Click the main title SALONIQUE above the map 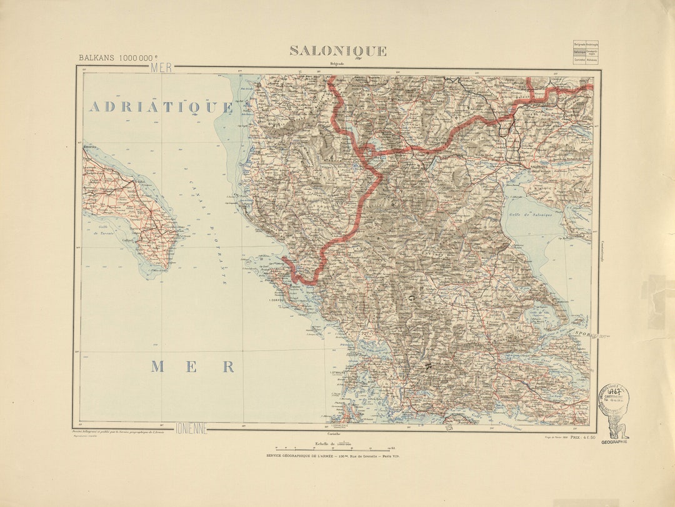coord(337,51)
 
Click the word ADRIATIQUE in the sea coord(161,107)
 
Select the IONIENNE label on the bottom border coord(191,428)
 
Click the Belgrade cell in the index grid coord(579,44)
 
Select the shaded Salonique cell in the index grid coord(579,53)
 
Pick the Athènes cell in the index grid coord(592,60)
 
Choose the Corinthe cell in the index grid coord(579,60)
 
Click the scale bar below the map coord(336,449)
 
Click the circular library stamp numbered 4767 coord(614,396)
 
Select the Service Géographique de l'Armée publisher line coord(332,456)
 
